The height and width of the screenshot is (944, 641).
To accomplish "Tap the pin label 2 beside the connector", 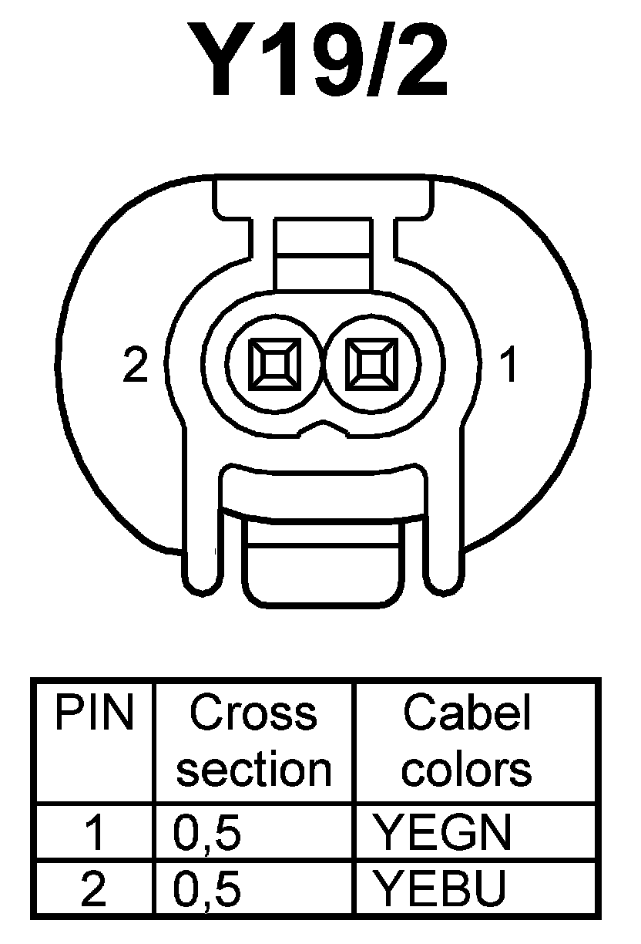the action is click(x=136, y=367).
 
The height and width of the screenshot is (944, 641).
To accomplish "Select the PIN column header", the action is click(x=94, y=714).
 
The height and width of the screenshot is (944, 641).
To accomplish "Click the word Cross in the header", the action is click(x=253, y=714).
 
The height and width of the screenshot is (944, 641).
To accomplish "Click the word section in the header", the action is click(x=253, y=768).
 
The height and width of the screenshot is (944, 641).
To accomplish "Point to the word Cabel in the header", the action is click(x=467, y=714).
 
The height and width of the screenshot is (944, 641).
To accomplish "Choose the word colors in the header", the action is click(x=467, y=768).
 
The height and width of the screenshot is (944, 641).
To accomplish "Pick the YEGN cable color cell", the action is click(x=442, y=833).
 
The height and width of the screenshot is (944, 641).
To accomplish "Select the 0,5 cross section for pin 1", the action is click(x=208, y=834).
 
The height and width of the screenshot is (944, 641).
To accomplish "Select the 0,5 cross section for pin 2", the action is click(x=208, y=890).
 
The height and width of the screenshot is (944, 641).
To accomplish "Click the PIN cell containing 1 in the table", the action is click(x=94, y=834).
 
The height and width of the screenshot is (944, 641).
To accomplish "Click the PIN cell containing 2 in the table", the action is click(x=94, y=890).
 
